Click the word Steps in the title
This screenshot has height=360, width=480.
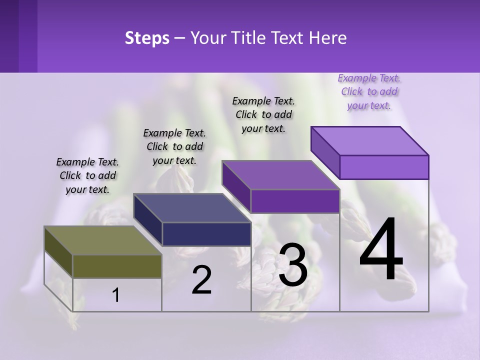(147, 38)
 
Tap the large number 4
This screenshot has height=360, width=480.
(381, 249)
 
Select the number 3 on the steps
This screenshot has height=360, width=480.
(293, 264)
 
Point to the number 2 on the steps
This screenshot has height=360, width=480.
(201, 280)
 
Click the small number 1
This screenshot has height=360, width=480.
(116, 295)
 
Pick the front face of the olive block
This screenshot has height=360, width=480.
(117, 266)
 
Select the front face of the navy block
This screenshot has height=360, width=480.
(206, 234)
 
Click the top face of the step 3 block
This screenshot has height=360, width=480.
(280, 175)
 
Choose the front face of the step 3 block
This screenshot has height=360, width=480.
(295, 201)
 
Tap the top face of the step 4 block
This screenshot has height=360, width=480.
(369, 140)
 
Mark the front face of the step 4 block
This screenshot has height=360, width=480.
(384, 167)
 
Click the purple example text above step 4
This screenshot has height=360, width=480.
(369, 92)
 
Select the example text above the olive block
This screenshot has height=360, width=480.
(87, 176)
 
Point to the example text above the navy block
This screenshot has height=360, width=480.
(174, 147)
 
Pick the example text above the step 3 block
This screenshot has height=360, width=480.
(263, 114)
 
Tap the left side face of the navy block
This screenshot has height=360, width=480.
(147, 220)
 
